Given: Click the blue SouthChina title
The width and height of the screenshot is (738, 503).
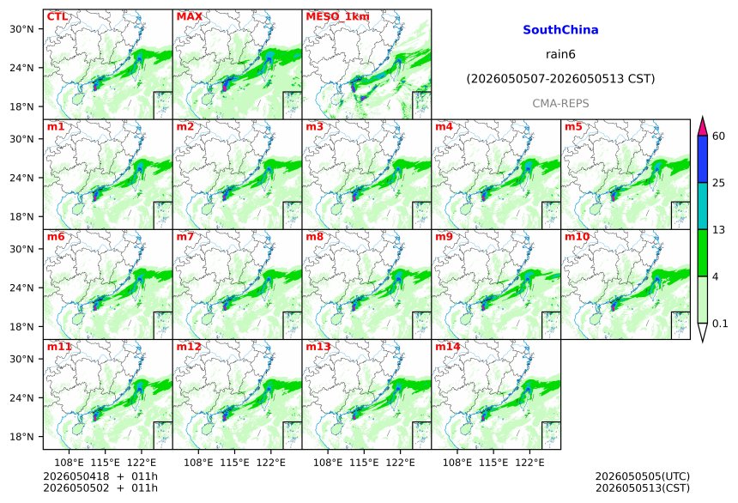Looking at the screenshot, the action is click(560, 30).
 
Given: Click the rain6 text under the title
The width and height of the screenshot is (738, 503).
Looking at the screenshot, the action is click(560, 54).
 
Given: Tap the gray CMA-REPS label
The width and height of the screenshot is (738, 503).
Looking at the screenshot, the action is click(560, 103).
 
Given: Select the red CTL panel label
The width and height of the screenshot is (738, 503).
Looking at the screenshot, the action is click(57, 16).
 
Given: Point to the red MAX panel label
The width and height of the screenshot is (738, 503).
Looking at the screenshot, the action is click(189, 16).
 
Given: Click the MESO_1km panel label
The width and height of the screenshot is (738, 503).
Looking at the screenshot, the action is click(337, 17).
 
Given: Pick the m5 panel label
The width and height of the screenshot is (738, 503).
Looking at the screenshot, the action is click(573, 127).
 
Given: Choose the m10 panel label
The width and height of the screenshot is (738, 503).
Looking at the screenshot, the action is click(577, 236).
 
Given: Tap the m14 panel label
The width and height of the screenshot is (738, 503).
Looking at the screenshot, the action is click(448, 347).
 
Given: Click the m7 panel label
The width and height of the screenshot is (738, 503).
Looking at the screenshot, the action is click(185, 236).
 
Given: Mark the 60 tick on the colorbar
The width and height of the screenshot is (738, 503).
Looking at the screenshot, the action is click(719, 136).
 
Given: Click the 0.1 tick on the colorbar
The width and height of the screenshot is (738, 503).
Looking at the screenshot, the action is click(720, 324).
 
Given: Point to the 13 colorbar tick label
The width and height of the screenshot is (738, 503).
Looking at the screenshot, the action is click(719, 230).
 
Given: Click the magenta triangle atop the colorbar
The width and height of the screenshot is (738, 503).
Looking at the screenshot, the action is click(703, 126).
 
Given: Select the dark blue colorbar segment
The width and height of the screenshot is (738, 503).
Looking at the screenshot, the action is click(703, 159).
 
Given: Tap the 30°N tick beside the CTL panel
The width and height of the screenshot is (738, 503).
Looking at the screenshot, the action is click(21, 29).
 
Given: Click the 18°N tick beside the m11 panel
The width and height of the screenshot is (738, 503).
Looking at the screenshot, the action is click(21, 437).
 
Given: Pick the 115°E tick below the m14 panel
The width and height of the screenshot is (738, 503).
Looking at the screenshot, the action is click(493, 463).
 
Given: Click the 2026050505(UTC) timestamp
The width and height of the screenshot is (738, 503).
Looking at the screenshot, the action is click(643, 476).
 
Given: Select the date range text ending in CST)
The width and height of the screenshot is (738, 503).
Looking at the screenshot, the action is click(560, 79).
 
